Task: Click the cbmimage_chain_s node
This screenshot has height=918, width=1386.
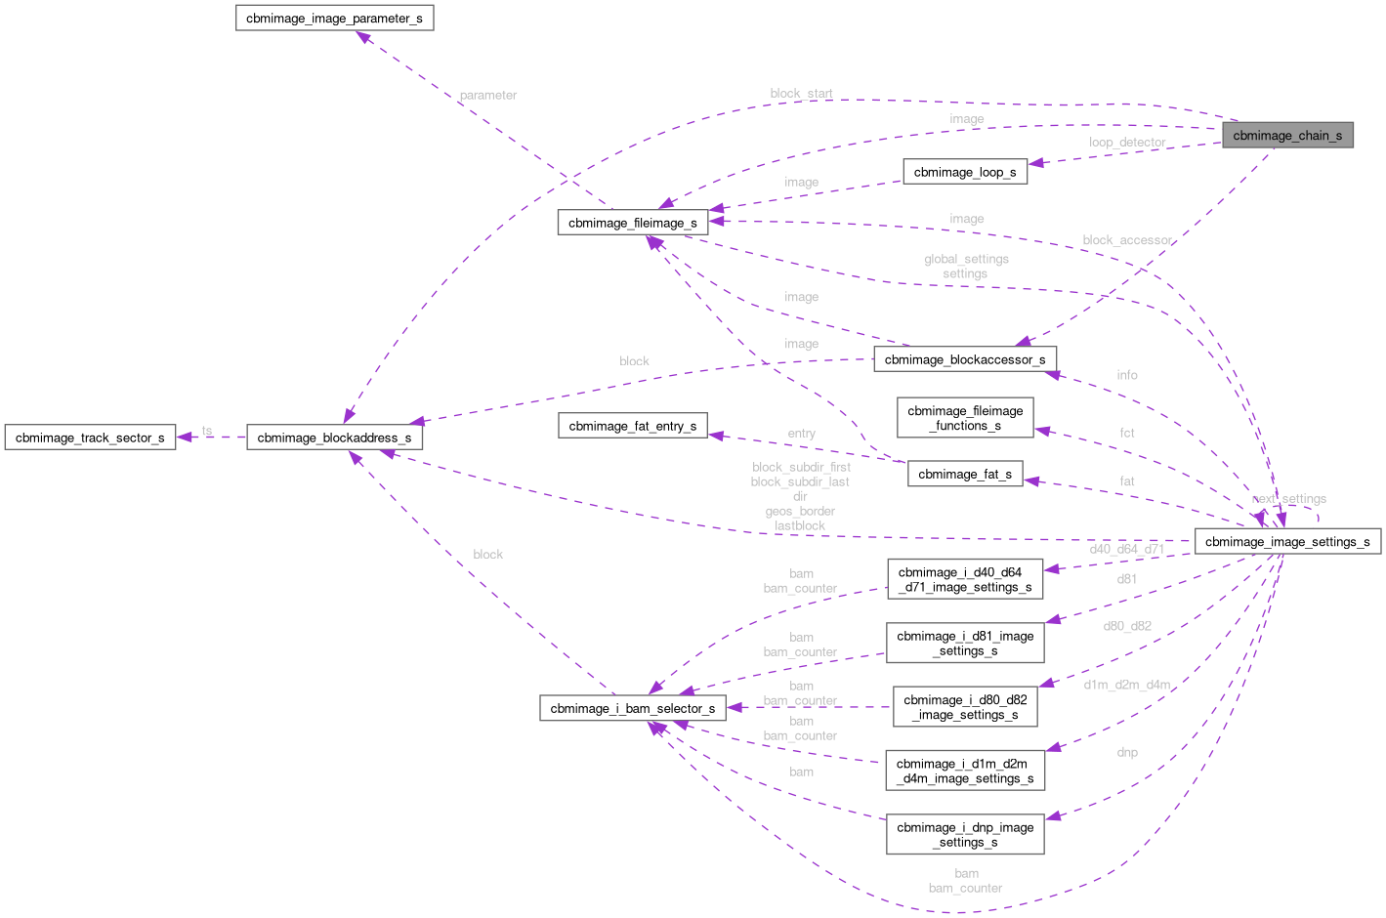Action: [x=1286, y=136]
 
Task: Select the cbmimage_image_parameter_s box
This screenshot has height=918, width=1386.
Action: [x=334, y=18]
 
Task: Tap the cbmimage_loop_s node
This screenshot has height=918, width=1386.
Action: [x=964, y=172]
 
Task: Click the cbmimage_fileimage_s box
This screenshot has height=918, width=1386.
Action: [x=632, y=223]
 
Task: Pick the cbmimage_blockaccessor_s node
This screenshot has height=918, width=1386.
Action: [x=964, y=359]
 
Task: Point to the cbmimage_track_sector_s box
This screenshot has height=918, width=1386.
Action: [x=89, y=438]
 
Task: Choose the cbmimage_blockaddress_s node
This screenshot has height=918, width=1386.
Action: [x=333, y=438]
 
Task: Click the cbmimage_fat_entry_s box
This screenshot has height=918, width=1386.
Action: [x=632, y=426]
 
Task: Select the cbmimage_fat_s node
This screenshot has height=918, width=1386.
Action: [x=964, y=474]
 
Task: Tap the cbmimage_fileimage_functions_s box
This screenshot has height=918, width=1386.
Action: [x=964, y=418]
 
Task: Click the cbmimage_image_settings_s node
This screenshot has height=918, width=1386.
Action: [x=1286, y=541]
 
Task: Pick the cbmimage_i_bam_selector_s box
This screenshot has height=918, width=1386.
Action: [x=632, y=708]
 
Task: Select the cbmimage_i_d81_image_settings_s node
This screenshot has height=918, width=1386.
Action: [x=964, y=643]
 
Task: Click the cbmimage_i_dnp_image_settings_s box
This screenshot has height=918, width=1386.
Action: [x=964, y=834]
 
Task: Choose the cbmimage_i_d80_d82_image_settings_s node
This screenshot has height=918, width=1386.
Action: [x=964, y=707]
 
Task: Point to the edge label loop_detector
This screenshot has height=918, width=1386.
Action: [x=1127, y=143]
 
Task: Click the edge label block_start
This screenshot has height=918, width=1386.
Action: [x=801, y=94]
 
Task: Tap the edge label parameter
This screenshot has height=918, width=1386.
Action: [x=487, y=96]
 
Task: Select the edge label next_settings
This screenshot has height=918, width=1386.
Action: [x=1288, y=499]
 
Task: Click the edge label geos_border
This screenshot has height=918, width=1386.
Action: [x=800, y=511]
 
